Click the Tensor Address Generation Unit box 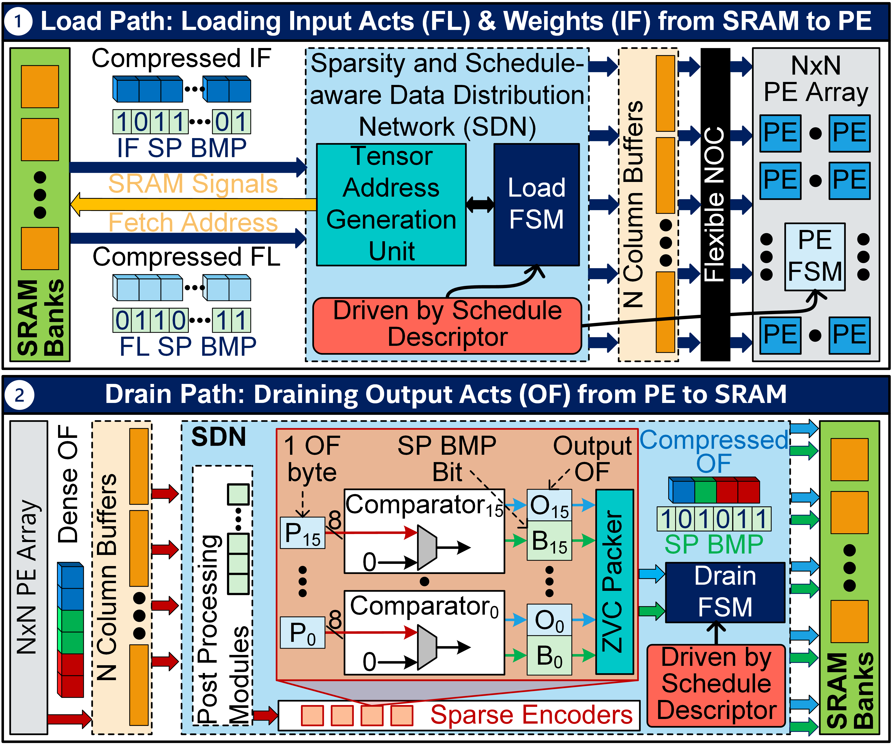391,205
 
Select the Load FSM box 536,205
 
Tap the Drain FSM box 725,592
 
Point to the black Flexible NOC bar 715,205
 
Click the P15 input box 302,533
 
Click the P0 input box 302,633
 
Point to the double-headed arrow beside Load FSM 480,205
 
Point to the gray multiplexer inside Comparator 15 427,547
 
